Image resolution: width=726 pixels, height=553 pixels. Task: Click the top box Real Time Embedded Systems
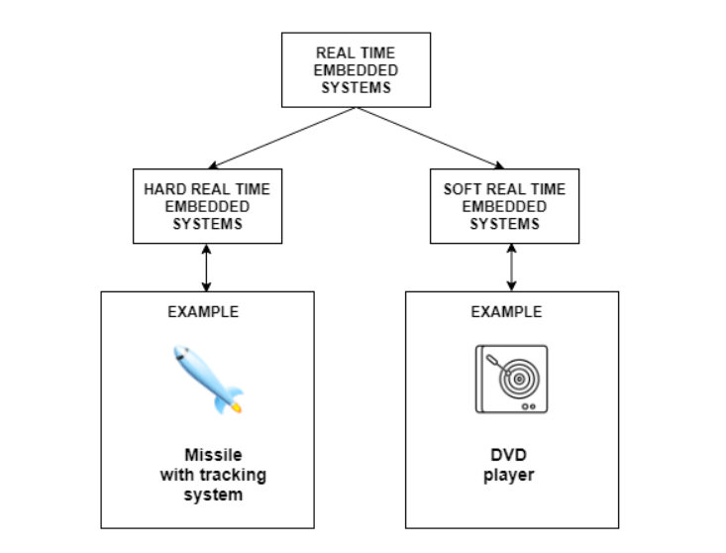[x=357, y=70]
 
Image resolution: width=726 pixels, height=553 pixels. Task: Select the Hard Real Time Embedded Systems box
[x=206, y=206]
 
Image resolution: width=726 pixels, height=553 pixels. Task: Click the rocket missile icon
[x=208, y=378]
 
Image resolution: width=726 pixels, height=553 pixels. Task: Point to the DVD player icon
[x=511, y=378]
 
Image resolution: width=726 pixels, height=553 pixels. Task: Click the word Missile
[x=212, y=456]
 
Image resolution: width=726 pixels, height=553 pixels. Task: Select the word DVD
[x=509, y=456]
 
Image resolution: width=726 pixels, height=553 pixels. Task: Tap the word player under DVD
[x=509, y=476]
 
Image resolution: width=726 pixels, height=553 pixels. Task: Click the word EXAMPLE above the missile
[x=203, y=311]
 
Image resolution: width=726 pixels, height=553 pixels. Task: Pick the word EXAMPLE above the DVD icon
[x=507, y=311]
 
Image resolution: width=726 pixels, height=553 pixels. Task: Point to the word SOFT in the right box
[x=462, y=188]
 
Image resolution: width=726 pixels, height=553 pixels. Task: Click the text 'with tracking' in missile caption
[x=212, y=476]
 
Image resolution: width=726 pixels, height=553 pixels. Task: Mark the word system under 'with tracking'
[x=212, y=495]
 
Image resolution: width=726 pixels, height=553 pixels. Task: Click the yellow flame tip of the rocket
[x=238, y=406]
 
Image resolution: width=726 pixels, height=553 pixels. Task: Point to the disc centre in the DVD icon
[x=514, y=378]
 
